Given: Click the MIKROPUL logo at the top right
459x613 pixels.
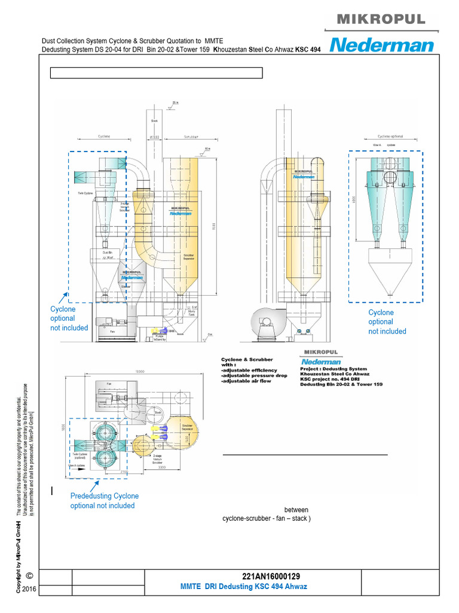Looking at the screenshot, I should [x=381, y=19].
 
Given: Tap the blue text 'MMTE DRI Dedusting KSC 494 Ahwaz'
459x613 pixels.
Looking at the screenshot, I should [x=243, y=587].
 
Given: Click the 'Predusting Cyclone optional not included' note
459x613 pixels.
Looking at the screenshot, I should [x=104, y=500].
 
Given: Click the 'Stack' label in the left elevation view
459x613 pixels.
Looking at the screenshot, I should [x=154, y=121].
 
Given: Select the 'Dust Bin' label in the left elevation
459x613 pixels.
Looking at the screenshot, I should [x=108, y=253].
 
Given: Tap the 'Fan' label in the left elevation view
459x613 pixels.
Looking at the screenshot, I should [x=112, y=330].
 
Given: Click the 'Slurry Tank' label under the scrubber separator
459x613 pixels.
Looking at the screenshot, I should [x=191, y=313].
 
